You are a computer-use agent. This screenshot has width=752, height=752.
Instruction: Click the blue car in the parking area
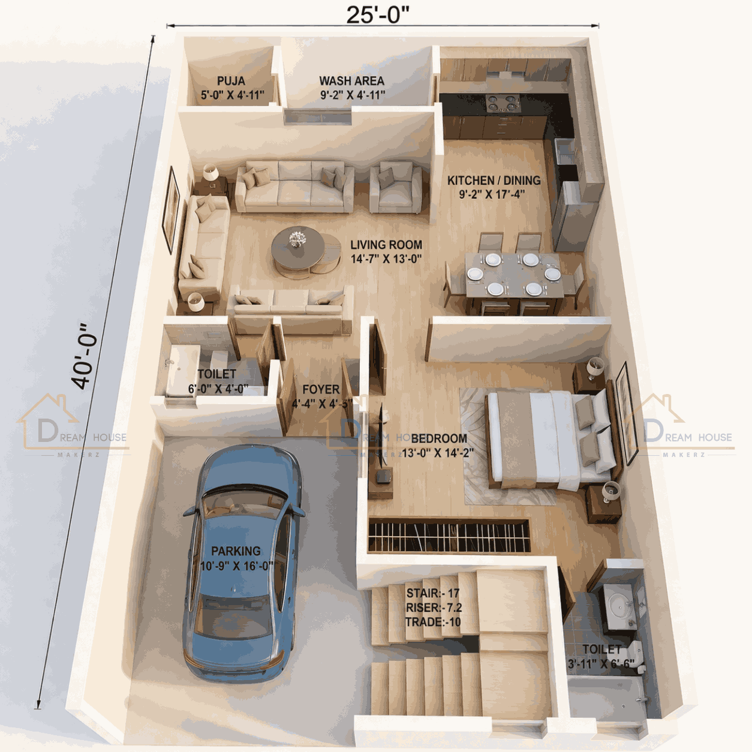point(243,564)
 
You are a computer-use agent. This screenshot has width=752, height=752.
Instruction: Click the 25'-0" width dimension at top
point(378,15)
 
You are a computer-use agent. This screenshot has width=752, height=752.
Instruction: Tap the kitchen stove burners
point(502,104)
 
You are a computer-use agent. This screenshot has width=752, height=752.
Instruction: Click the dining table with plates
point(513,275)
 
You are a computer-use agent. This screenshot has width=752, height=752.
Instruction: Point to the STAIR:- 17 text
point(432,593)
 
